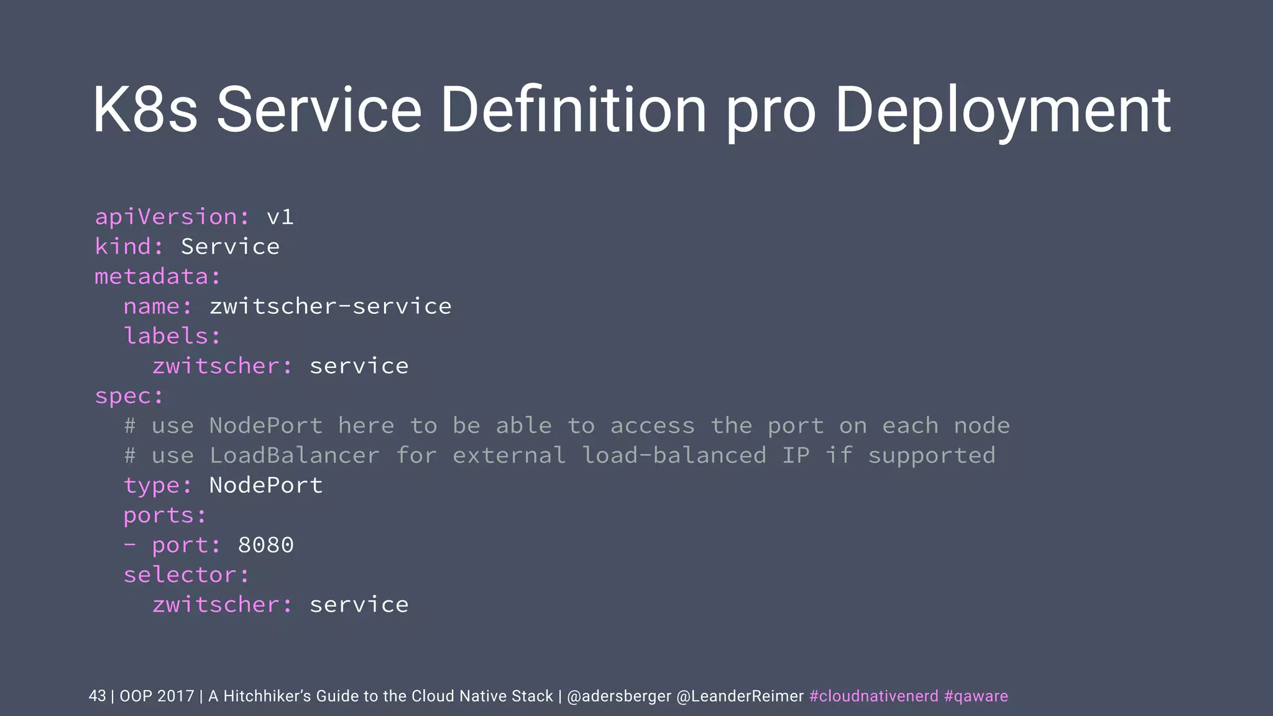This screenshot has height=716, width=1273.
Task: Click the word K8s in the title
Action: click(145, 110)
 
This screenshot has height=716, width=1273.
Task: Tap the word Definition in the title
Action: click(573, 110)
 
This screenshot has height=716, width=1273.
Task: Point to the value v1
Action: click(280, 217)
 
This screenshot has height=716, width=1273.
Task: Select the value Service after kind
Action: click(230, 247)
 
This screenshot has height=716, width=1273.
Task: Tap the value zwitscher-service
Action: click(330, 306)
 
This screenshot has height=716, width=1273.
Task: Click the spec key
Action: click(129, 397)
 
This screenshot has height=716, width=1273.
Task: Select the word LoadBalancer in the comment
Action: click(294, 456)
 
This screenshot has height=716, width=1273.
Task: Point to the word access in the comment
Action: click(652, 426)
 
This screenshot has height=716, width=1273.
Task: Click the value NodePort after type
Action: click(266, 485)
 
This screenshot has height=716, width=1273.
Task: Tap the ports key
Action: click(165, 515)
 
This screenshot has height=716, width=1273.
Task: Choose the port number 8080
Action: click(265, 545)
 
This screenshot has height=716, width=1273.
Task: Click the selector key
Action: click(186, 575)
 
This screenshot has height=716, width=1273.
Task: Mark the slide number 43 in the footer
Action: click(97, 696)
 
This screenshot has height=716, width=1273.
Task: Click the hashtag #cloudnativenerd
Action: click(873, 696)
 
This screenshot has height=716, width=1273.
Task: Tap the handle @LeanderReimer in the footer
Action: click(740, 696)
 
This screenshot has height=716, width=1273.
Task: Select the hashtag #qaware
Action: click(976, 696)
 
